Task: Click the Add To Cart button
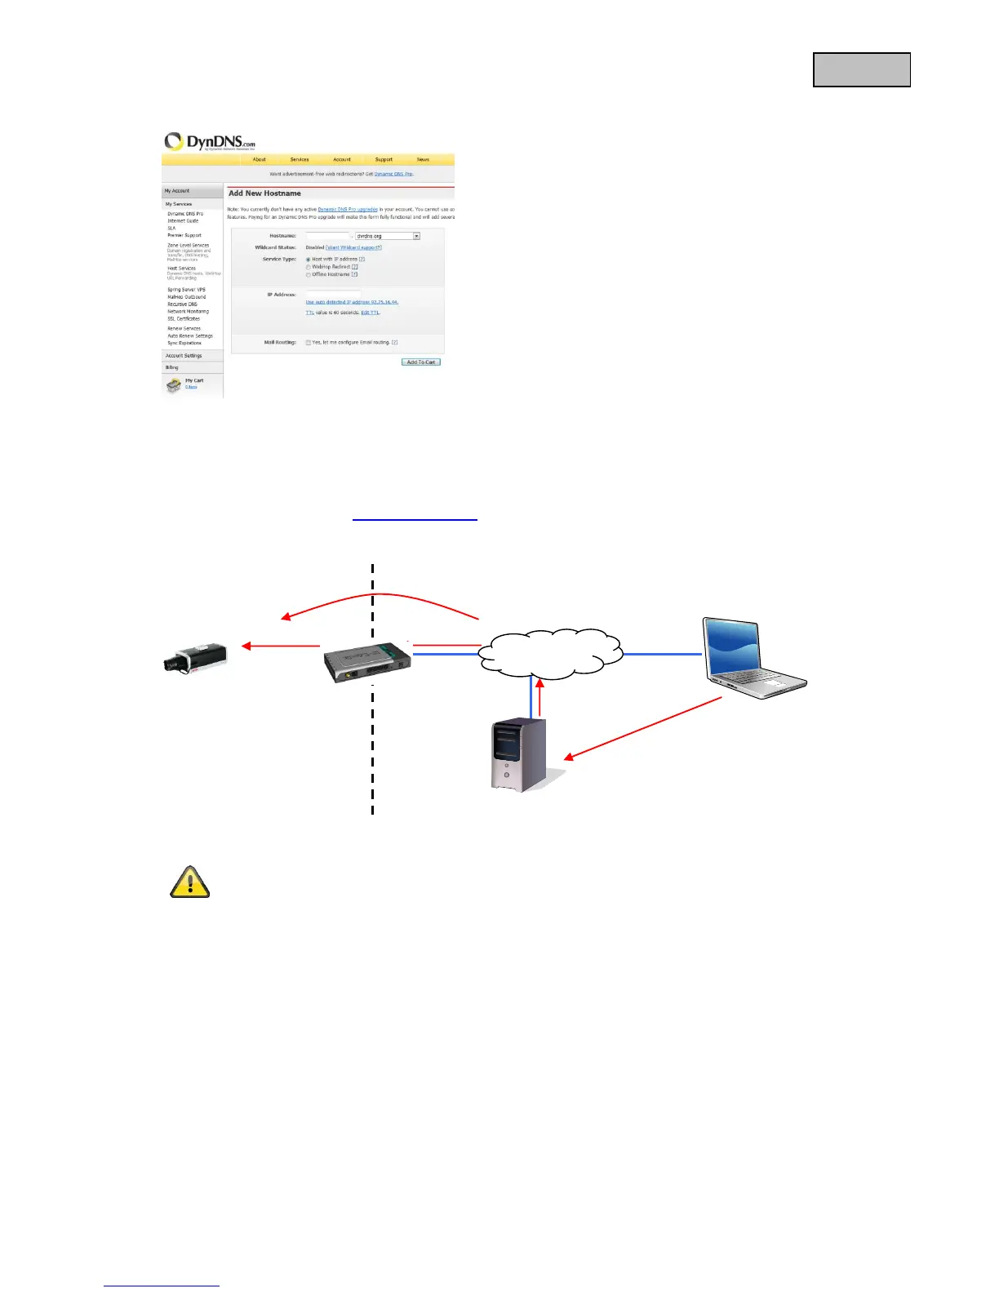[x=421, y=362]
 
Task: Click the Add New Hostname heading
[x=264, y=193]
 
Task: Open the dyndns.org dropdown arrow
[x=416, y=236]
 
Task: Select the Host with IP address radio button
[x=309, y=259]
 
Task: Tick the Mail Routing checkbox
[x=309, y=343]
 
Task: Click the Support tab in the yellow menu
[x=384, y=159]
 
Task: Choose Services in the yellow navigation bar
[x=300, y=159]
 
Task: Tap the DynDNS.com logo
[x=210, y=142]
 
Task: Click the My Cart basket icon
[x=173, y=384]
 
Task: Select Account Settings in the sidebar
[x=184, y=356]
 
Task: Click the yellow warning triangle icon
[x=189, y=882]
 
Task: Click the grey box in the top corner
[x=861, y=70]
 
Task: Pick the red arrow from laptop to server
[x=645, y=728]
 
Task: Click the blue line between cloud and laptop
[x=662, y=654]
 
